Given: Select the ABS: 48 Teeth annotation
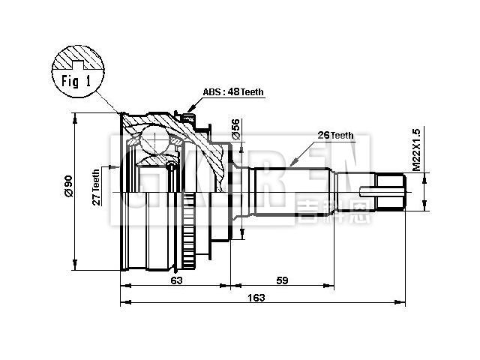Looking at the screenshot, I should [x=233, y=92].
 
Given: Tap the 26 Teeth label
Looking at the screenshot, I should [x=334, y=136].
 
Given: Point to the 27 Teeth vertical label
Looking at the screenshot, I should [x=96, y=187].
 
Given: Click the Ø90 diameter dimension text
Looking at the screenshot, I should [x=67, y=187].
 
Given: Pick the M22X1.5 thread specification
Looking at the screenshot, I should [x=417, y=150].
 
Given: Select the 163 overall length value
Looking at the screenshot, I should [x=256, y=298].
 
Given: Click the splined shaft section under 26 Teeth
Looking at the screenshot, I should [x=292, y=190].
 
